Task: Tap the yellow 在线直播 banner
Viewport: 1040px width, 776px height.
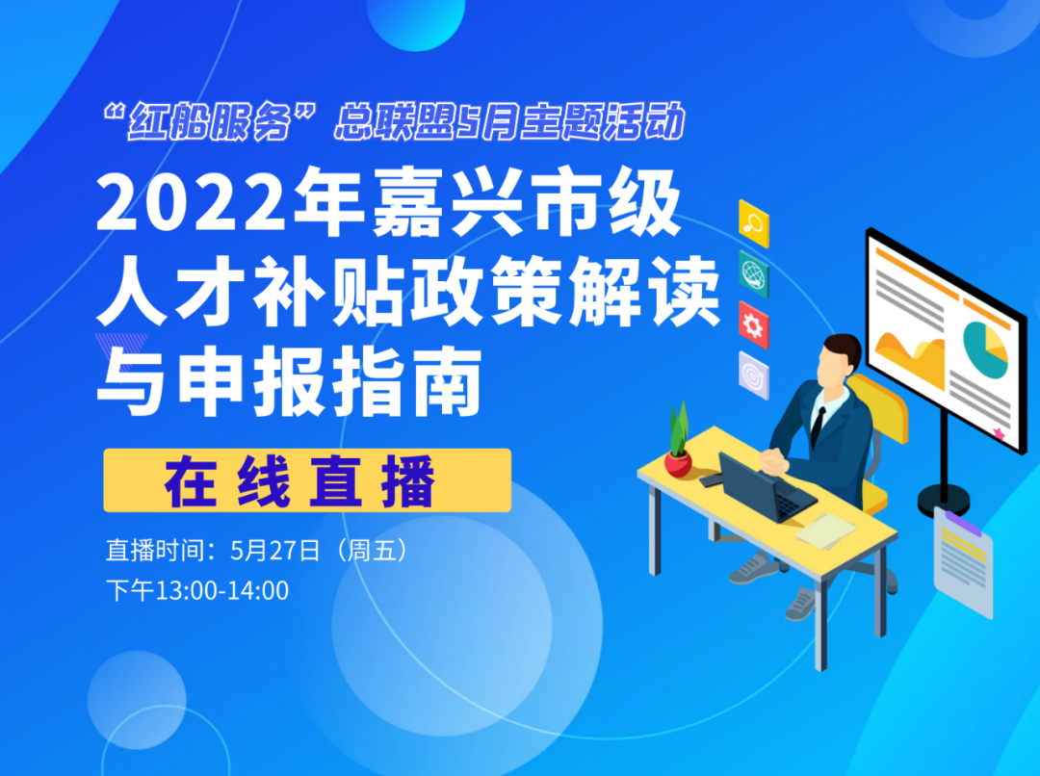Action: click(x=307, y=480)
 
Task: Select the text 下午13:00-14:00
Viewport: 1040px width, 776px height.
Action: click(x=197, y=590)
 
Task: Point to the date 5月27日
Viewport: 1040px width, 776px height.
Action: click(x=275, y=551)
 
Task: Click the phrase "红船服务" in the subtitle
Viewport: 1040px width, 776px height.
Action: click(x=209, y=121)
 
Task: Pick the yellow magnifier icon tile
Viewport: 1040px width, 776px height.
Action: click(x=754, y=223)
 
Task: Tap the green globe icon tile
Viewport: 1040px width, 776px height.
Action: click(x=754, y=274)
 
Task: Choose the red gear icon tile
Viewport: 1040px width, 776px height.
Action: click(x=754, y=325)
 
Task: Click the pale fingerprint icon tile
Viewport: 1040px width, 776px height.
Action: click(x=754, y=375)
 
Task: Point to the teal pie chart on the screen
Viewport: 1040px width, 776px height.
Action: click(x=985, y=349)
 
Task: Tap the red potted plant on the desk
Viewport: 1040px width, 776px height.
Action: click(x=678, y=440)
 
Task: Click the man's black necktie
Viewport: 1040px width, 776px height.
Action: click(x=818, y=426)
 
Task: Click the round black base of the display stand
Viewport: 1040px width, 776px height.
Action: click(x=943, y=500)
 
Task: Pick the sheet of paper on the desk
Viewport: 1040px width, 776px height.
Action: click(x=826, y=530)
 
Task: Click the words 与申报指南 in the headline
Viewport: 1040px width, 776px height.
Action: click(x=290, y=382)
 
